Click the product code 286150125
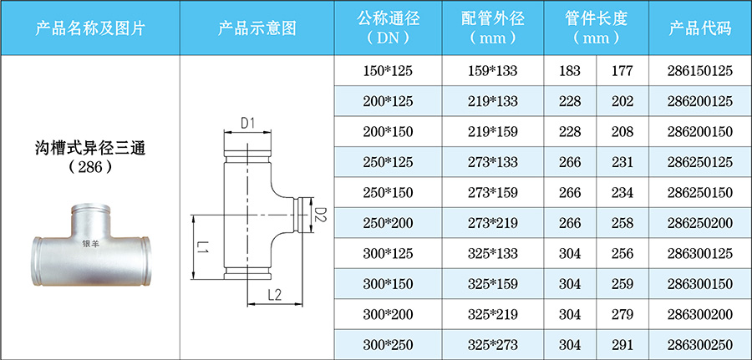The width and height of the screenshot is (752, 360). (700, 71)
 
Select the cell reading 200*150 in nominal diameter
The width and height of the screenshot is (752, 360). (389, 131)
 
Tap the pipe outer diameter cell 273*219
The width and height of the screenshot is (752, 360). (493, 222)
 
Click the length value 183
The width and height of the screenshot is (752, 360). (570, 71)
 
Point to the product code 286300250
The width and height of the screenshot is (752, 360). (700, 343)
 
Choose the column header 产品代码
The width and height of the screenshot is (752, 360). (700, 28)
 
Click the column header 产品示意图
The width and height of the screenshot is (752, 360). (257, 28)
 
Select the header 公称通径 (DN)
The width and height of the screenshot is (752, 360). (389, 28)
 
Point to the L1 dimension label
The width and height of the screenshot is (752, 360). (203, 248)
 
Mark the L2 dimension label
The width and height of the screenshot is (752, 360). (274, 295)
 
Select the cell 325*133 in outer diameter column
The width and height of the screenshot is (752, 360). (493, 252)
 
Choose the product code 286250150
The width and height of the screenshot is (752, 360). (700, 192)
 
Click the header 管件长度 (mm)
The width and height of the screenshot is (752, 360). (596, 28)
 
